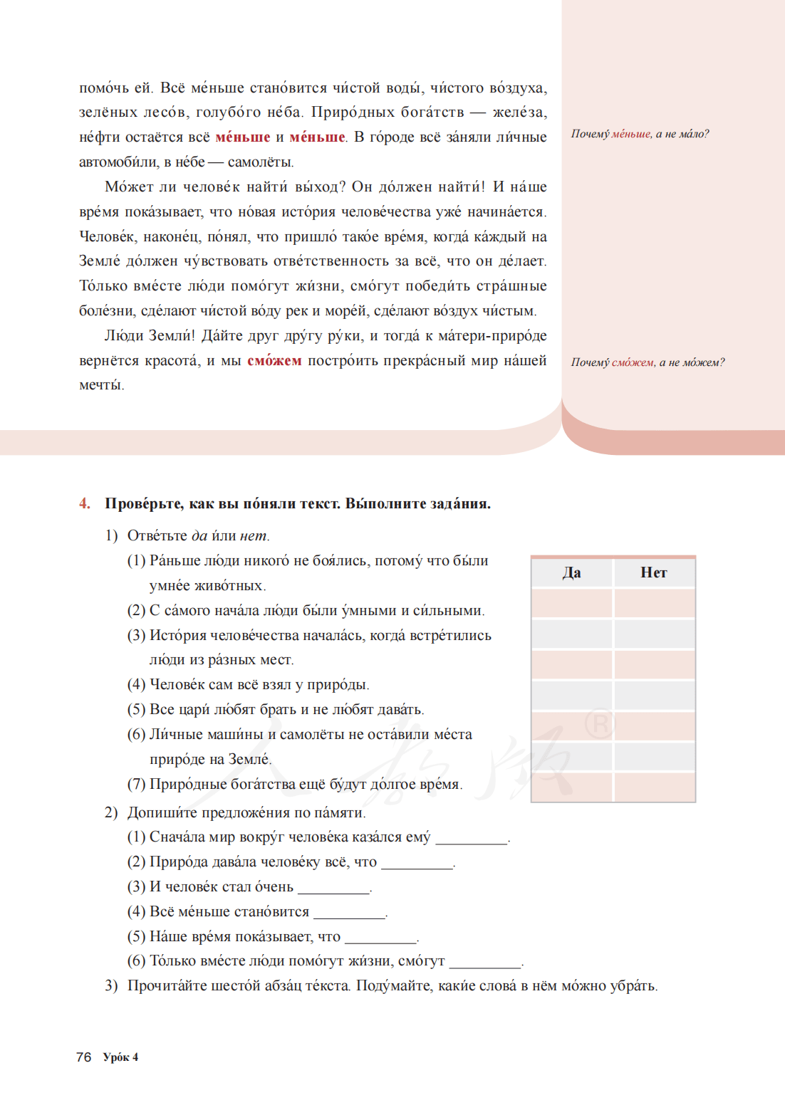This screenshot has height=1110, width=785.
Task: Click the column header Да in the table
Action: (x=571, y=572)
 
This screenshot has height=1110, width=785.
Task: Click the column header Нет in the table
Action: (x=653, y=572)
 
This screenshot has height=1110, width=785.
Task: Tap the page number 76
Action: (x=83, y=1057)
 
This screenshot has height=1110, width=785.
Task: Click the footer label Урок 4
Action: (x=120, y=1057)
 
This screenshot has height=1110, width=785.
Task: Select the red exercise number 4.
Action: (x=85, y=503)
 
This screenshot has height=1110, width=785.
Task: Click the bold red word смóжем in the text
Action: (x=274, y=360)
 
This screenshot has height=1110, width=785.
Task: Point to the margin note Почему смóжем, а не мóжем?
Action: (x=648, y=362)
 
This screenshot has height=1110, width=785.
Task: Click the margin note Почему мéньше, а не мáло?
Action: (x=640, y=134)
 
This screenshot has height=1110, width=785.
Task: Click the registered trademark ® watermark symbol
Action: (x=600, y=725)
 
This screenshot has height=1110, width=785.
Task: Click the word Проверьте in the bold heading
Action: (x=145, y=503)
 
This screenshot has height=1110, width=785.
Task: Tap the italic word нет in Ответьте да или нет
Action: (x=253, y=535)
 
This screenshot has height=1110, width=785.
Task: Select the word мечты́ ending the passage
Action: (x=100, y=385)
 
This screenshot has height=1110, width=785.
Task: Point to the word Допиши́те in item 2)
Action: (x=162, y=812)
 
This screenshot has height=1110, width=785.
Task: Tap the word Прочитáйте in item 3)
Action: (x=167, y=986)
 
